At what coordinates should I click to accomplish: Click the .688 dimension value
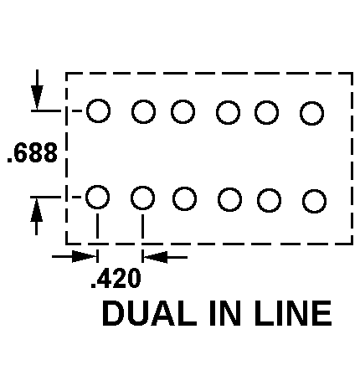33,152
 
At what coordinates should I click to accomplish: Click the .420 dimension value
116,278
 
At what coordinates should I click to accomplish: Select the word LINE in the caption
293,313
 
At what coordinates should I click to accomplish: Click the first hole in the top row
98,111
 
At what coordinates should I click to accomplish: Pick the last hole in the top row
311,113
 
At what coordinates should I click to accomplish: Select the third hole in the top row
183,111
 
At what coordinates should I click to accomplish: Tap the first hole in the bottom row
97,198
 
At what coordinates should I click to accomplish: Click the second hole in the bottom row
142,198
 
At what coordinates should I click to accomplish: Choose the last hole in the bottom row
314,201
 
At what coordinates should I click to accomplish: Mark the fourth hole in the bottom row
229,200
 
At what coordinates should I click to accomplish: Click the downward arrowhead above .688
37,97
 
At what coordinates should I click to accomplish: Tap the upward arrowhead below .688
37,210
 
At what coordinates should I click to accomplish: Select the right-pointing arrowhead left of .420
84,256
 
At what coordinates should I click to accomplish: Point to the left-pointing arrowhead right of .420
156,257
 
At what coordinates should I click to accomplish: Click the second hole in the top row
143,111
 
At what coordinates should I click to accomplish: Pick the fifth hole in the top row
266,112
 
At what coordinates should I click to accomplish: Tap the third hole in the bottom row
184,199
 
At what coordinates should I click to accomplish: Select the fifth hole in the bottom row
269,200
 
